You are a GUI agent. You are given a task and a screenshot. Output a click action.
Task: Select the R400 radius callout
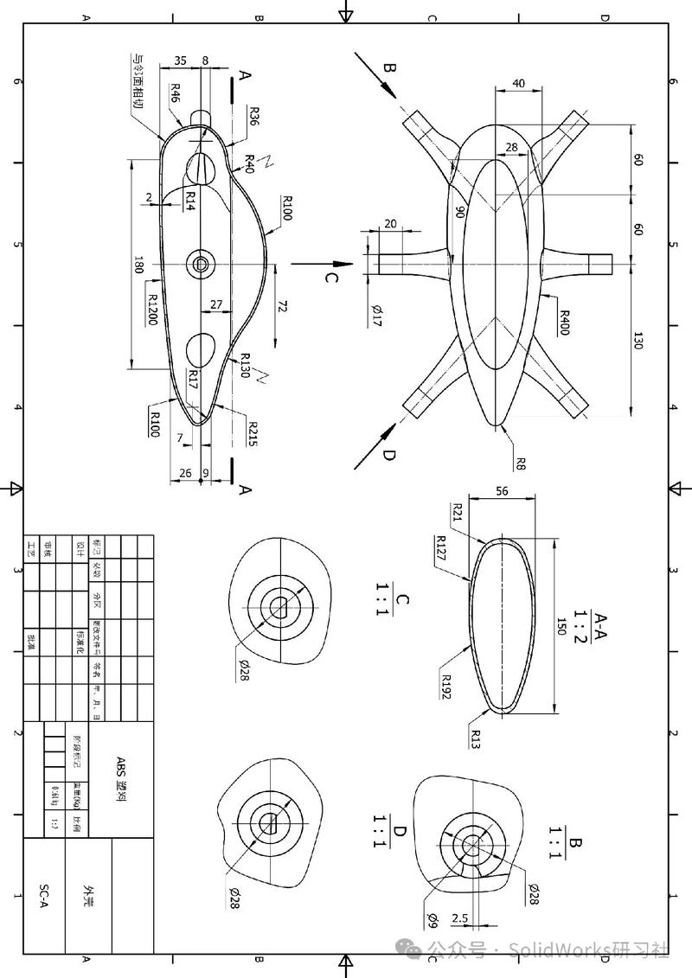564,323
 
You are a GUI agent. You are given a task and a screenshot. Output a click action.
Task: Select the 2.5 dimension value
461,917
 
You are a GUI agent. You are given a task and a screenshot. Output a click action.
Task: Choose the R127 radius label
441,547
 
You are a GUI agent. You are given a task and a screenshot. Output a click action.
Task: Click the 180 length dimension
138,265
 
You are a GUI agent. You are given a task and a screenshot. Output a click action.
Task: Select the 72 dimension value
281,307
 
